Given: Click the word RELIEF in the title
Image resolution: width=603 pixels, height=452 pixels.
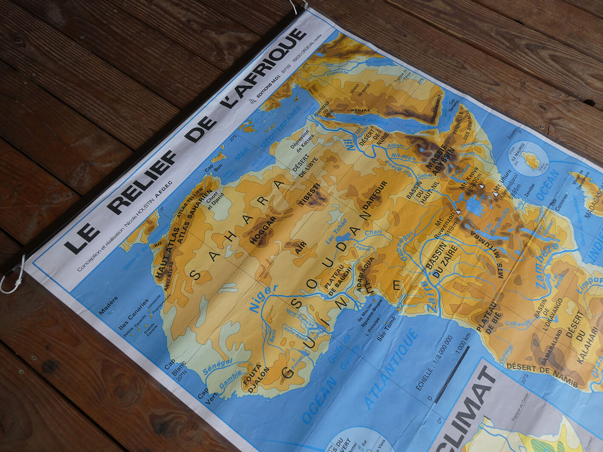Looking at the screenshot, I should point(143,182).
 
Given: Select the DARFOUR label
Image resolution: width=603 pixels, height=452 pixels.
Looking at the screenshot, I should point(375,195).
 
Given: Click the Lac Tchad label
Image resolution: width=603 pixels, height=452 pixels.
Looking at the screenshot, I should point(336,231).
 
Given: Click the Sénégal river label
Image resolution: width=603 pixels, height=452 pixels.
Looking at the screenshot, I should point(217,366).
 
